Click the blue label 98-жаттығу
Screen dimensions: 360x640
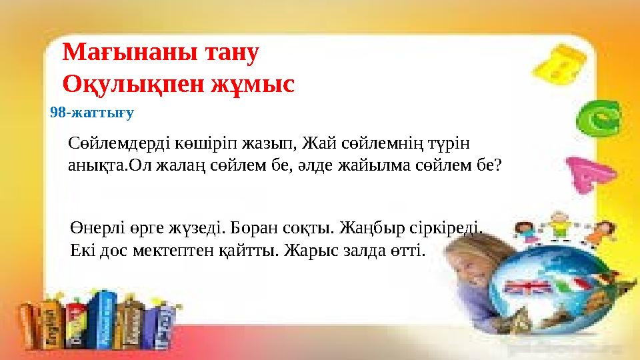(92, 113)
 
